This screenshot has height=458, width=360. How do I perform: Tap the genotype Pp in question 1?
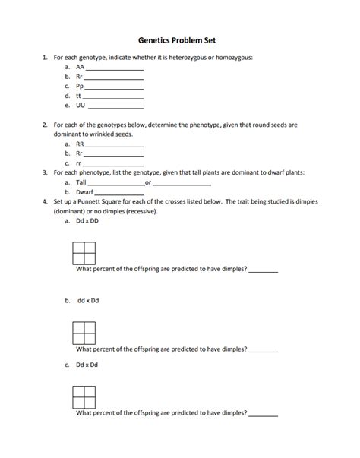point(80,87)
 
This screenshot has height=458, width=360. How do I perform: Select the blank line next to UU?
point(114,108)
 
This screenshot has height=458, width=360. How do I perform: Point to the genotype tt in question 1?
point(79,96)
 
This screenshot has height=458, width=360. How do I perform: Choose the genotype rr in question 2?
point(79,163)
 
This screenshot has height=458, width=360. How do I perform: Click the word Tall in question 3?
point(81,182)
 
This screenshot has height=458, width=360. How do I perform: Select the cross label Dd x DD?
point(87,221)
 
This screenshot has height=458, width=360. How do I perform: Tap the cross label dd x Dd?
point(87,300)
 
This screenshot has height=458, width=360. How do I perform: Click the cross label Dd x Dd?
point(87,365)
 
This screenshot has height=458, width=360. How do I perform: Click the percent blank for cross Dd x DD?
point(264,271)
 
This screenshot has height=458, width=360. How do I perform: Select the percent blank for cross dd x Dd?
point(264,350)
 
